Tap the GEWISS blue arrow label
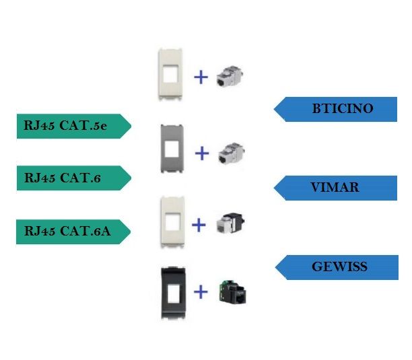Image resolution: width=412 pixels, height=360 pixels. pyautogui.click(x=337, y=267)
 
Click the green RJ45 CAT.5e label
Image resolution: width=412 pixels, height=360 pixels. pyautogui.click(x=71, y=125)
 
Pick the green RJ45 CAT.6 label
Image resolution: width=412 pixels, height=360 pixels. pyautogui.click(x=71, y=178)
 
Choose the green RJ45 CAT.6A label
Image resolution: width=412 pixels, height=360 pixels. pyautogui.click(x=71, y=231)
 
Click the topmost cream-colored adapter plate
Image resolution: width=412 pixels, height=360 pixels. pyautogui.click(x=169, y=74)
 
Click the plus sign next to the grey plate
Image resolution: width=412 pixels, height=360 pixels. pyautogui.click(x=202, y=153)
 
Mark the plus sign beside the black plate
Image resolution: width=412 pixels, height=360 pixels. pyautogui.click(x=200, y=291)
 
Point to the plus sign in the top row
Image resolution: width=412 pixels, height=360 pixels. pyautogui.click(x=200, y=77)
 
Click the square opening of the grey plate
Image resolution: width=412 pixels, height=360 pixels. pyautogui.click(x=172, y=148)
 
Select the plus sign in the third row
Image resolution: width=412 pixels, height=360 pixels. pyautogui.click(x=199, y=225)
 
